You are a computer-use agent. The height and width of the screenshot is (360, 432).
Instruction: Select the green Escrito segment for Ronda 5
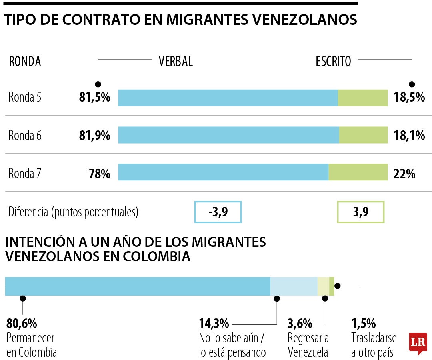[x=363, y=98]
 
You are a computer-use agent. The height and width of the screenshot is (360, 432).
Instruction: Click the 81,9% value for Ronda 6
[x=94, y=136]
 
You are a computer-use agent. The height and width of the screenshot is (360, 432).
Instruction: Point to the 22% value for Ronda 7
[x=405, y=174]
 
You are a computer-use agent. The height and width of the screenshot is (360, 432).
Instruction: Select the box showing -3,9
[x=218, y=212]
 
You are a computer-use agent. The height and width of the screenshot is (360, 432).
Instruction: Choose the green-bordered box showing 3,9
[x=361, y=212]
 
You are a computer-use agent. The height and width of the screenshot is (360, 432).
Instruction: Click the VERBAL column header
[x=176, y=61]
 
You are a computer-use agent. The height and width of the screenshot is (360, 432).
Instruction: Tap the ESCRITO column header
[x=333, y=61]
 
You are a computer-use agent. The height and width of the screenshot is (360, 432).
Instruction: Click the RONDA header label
[x=25, y=62]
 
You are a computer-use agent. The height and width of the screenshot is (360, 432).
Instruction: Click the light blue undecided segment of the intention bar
[x=294, y=286]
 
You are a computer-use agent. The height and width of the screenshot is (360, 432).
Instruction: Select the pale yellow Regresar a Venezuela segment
[x=323, y=286]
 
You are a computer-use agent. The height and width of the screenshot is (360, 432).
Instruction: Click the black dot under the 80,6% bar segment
[x=23, y=298]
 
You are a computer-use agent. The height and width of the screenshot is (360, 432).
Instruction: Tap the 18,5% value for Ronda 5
[x=409, y=98]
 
